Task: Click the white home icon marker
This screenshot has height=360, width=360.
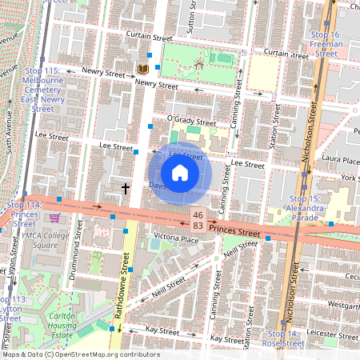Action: (x=180, y=173)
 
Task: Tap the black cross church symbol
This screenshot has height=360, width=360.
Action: (x=125, y=189)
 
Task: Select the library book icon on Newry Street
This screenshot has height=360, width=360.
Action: (x=144, y=70)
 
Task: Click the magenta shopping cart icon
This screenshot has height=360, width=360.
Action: (x=54, y=217)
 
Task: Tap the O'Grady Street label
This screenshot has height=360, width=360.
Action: (x=191, y=121)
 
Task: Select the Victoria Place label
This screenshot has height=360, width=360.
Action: (x=176, y=238)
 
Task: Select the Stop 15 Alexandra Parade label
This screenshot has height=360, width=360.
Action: (x=309, y=208)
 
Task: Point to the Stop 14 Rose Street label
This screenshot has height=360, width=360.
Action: (x=286, y=338)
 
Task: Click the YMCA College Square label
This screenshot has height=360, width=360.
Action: (x=45, y=240)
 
